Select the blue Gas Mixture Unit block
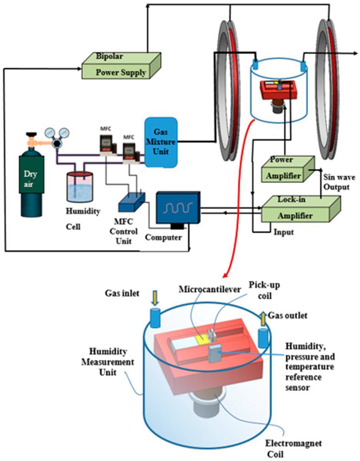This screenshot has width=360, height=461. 161,142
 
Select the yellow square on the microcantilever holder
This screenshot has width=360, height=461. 201,339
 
